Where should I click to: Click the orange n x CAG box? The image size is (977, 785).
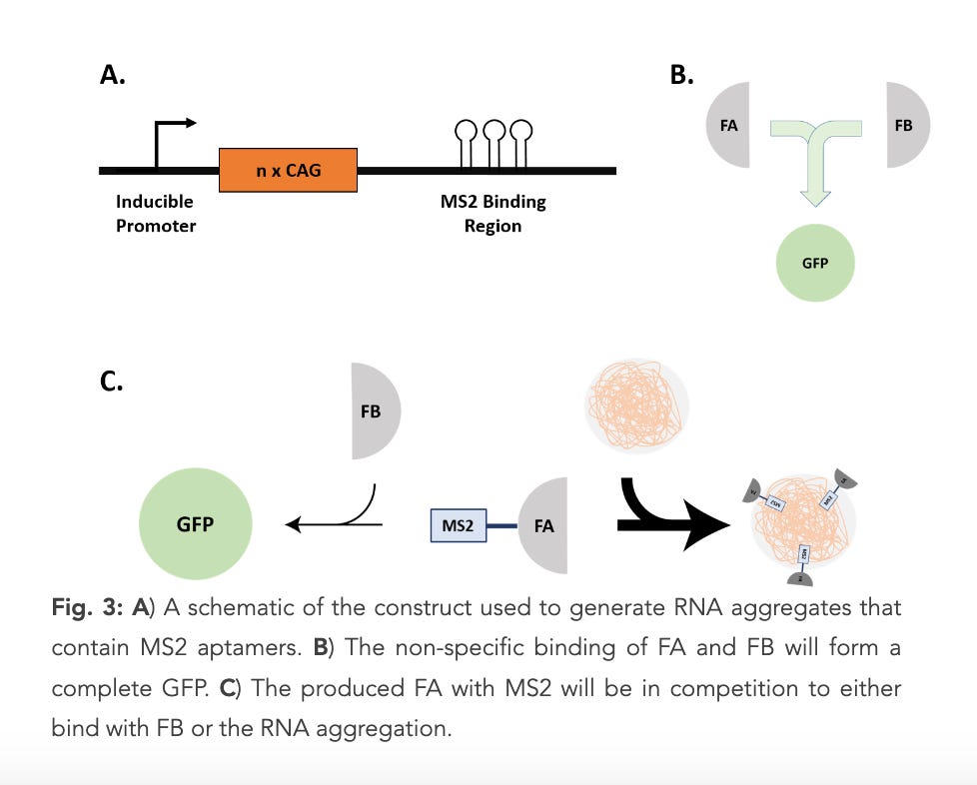[x=288, y=171]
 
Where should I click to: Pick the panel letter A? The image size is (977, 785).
[x=113, y=76]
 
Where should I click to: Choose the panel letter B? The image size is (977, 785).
[x=682, y=76]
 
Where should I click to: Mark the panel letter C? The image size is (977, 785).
[x=112, y=382]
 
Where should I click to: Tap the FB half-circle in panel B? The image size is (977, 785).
[x=907, y=127]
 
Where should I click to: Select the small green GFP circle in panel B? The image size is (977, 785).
[x=815, y=262]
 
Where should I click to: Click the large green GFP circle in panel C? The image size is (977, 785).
[x=195, y=523]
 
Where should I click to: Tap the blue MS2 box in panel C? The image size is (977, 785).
[x=458, y=525]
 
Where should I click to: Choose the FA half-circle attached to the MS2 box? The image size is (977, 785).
[x=546, y=525]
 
